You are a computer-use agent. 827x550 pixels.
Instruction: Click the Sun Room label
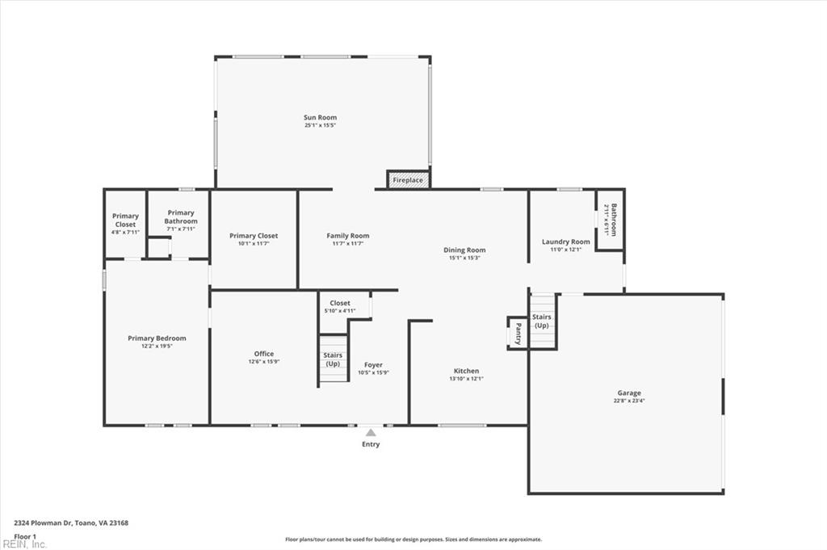(320, 118)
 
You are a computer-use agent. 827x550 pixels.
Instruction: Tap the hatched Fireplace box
(408, 179)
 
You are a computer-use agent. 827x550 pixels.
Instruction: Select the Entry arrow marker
(371, 433)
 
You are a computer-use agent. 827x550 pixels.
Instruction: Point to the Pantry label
(518, 332)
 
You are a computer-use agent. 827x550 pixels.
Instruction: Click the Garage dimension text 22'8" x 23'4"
(629, 401)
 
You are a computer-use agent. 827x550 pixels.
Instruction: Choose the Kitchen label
(466, 371)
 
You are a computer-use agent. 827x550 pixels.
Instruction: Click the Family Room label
(347, 236)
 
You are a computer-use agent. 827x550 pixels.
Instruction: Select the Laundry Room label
(565, 241)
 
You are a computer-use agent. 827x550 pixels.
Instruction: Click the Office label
(263, 354)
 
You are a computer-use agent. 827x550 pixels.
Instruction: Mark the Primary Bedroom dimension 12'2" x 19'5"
(157, 346)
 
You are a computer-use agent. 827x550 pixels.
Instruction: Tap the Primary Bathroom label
(180, 216)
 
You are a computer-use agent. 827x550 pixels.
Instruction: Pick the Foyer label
(373, 365)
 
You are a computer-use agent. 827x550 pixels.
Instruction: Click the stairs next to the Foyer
(332, 359)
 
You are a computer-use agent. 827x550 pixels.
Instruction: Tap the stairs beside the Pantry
(542, 321)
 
